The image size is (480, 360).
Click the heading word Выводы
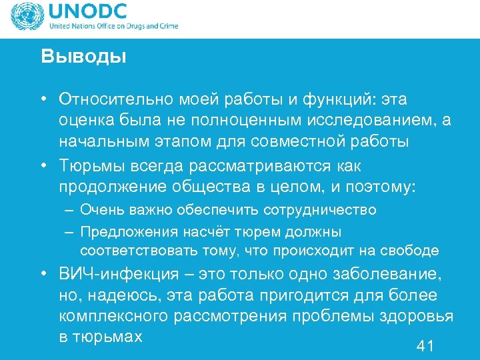coord(83,56)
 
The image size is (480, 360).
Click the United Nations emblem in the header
coord(24,17)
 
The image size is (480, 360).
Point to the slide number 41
coord(425,345)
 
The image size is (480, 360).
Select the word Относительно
coord(117,99)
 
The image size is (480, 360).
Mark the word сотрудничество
coord(320,210)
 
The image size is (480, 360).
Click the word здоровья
coord(418,316)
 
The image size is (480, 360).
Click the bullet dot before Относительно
coord(42,99)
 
